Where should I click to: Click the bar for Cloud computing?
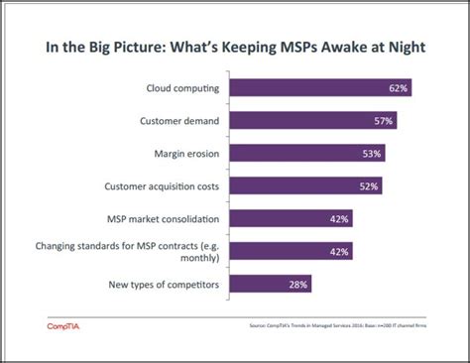click(320, 88)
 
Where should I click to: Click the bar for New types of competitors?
click(271, 284)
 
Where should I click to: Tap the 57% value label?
click(384, 121)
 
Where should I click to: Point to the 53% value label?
click(372, 154)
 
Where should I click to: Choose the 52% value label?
click(369, 185)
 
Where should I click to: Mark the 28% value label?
click(298, 284)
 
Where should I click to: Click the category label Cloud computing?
click(183, 88)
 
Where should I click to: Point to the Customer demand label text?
click(182, 121)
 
